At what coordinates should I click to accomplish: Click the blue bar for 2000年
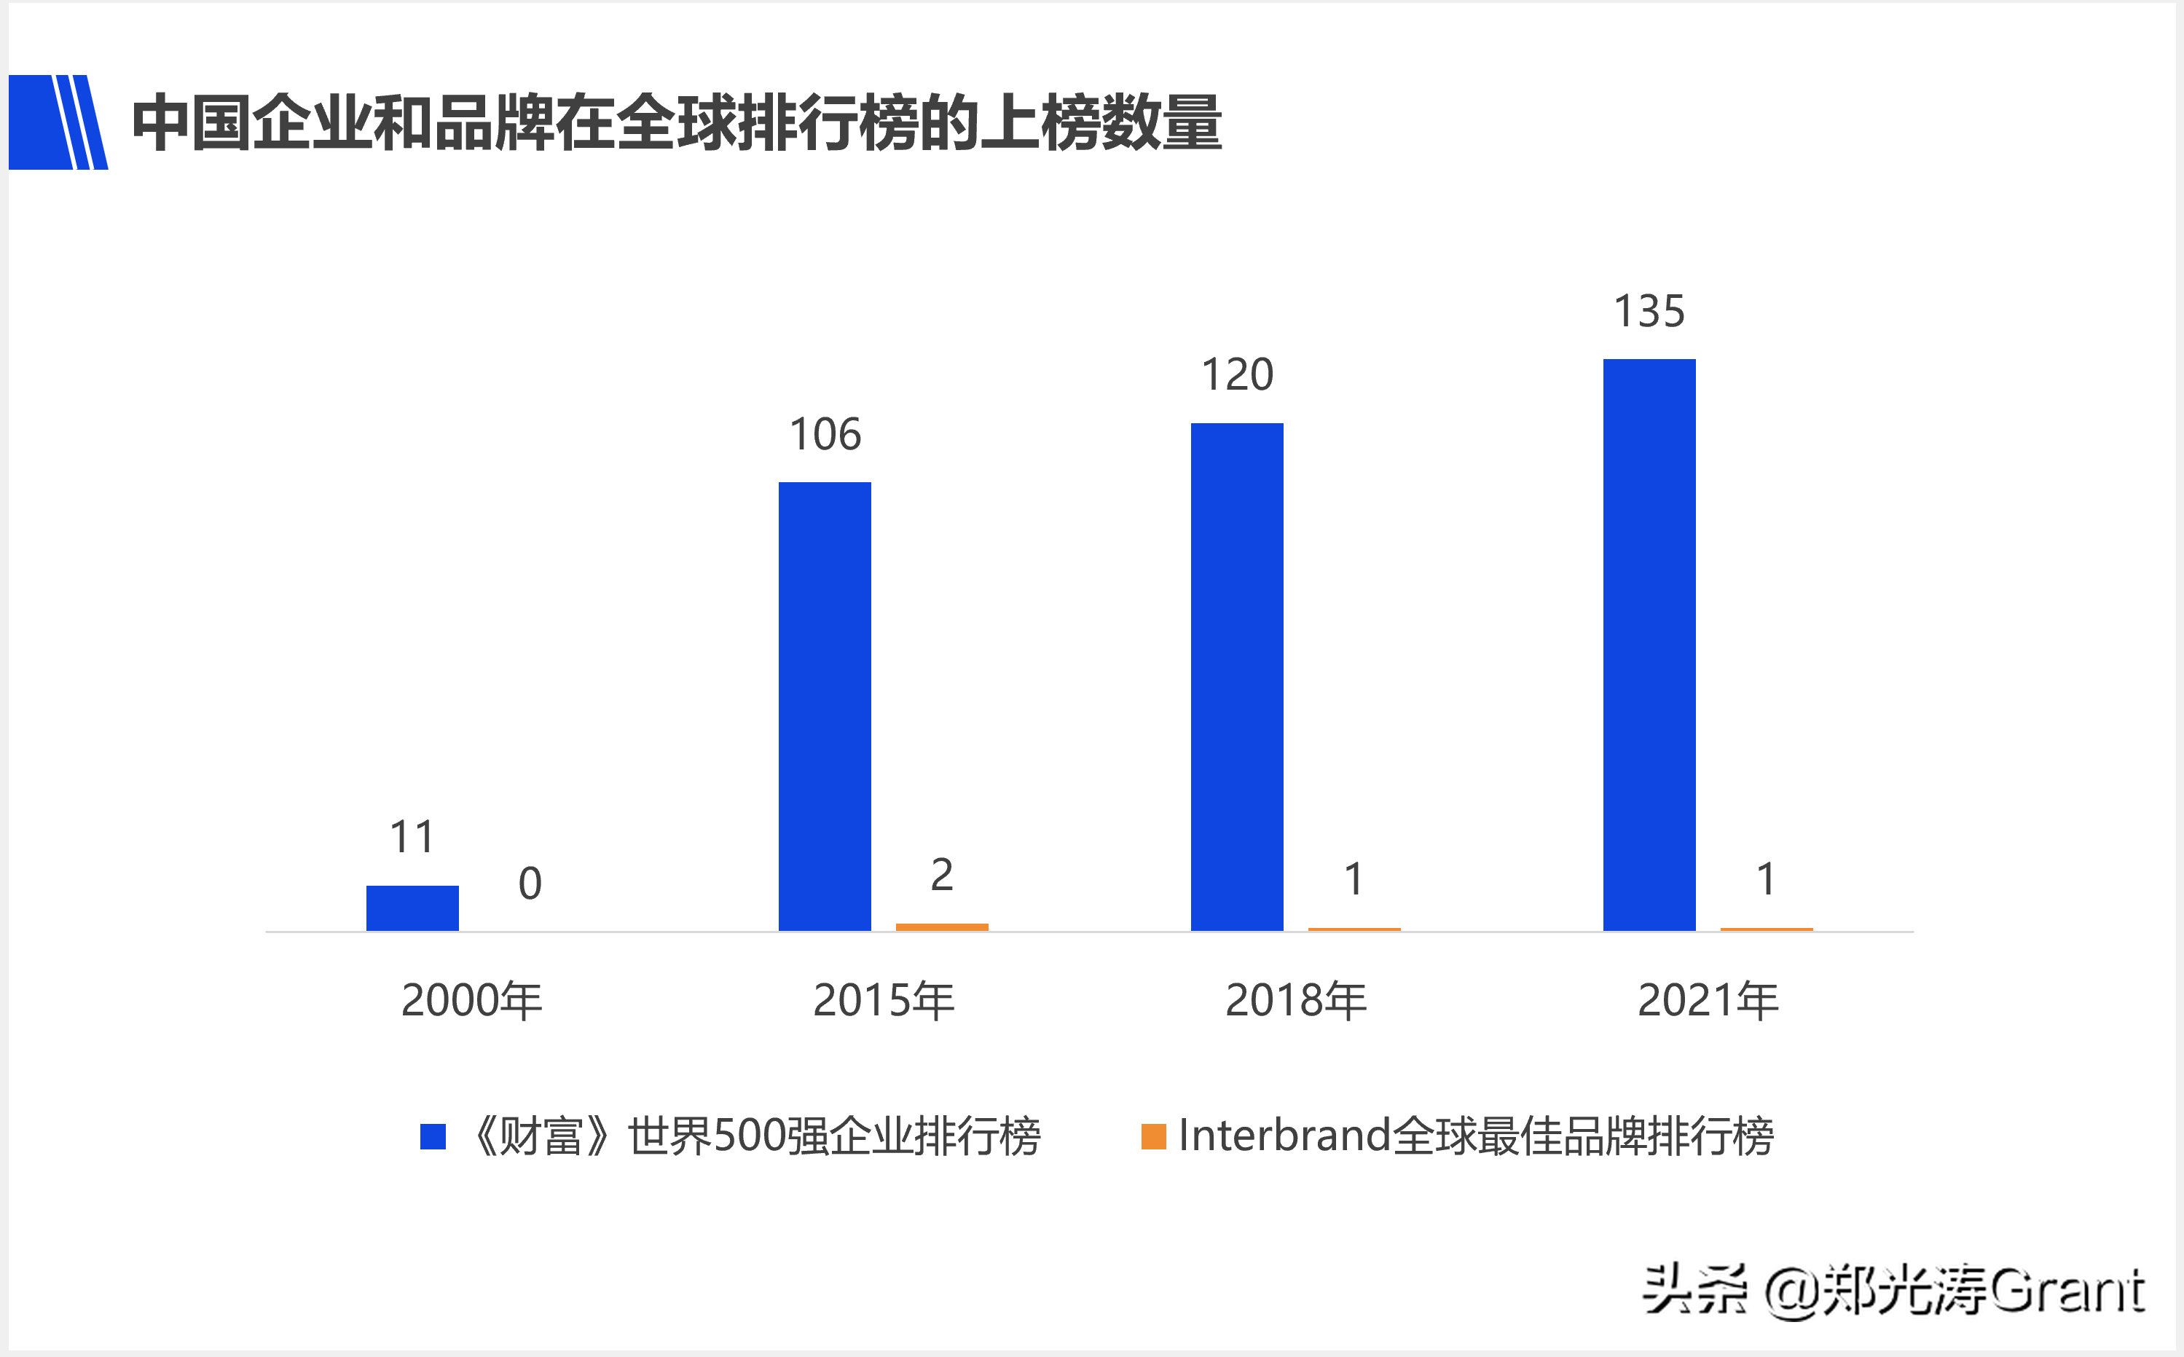(412, 908)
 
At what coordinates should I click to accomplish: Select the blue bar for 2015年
(824, 707)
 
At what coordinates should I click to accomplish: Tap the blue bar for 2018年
(1236, 677)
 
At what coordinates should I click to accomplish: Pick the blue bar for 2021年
(1649, 645)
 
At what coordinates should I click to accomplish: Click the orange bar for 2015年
(942, 927)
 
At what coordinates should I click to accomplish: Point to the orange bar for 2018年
(1354, 929)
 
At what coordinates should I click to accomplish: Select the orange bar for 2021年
(1766, 929)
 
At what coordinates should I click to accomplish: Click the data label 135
(1649, 312)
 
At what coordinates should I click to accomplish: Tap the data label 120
(1237, 374)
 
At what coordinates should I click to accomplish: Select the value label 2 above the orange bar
(942, 874)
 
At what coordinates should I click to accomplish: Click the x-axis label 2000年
(471, 1000)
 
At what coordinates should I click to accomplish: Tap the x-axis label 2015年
(884, 1000)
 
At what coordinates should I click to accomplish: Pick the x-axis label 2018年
(1295, 1000)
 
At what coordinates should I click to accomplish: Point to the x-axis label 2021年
(1708, 1000)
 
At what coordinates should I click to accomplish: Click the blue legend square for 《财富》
(433, 1136)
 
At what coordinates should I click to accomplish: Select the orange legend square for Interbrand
(1152, 1136)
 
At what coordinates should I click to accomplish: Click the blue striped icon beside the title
(58, 122)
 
